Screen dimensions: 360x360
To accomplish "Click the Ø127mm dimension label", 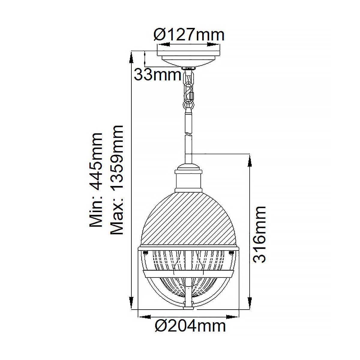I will click(189, 35).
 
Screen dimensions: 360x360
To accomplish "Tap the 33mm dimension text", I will click(157, 74).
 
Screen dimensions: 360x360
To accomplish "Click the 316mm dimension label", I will click(259, 234).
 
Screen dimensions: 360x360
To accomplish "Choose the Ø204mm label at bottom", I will click(190, 325).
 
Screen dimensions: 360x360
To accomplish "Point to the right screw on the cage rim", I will click(232, 252).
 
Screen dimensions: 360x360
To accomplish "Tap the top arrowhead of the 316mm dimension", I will click(249, 160).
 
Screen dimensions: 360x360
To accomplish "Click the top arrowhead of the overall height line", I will click(131, 57).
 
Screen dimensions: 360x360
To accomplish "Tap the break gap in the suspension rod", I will click(188, 134).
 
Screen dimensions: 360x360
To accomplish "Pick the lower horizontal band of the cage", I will click(188, 273).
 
